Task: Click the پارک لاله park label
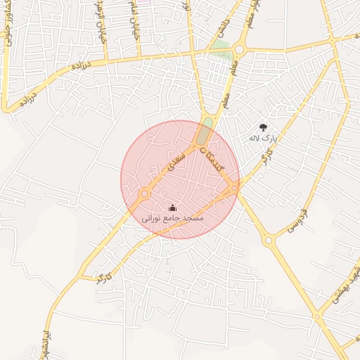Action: click(264, 139)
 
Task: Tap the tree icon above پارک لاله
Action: click(263, 127)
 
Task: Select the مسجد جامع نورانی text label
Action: click(173, 219)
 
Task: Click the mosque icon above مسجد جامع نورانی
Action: click(173, 208)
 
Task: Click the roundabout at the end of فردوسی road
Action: click(268, 240)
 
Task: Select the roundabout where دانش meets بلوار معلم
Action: click(240, 49)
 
